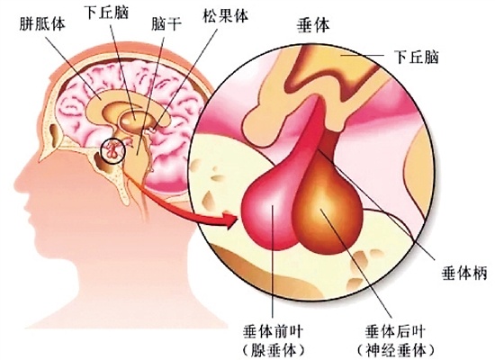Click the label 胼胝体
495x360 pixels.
[x=42, y=24]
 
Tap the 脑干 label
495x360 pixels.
[x=166, y=24]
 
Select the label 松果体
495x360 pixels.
[x=225, y=15]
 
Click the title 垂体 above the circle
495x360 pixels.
[x=313, y=25]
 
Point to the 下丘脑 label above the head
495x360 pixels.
[x=107, y=13]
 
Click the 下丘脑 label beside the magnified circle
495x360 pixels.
[x=417, y=57]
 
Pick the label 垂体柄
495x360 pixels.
[x=465, y=272]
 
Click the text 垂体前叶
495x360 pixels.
[x=273, y=332]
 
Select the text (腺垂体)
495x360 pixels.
[x=273, y=350]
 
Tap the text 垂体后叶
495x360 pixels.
[x=395, y=332]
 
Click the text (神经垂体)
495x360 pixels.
[x=396, y=350]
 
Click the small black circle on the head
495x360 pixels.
[x=113, y=150]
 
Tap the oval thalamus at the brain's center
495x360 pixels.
[x=135, y=120]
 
